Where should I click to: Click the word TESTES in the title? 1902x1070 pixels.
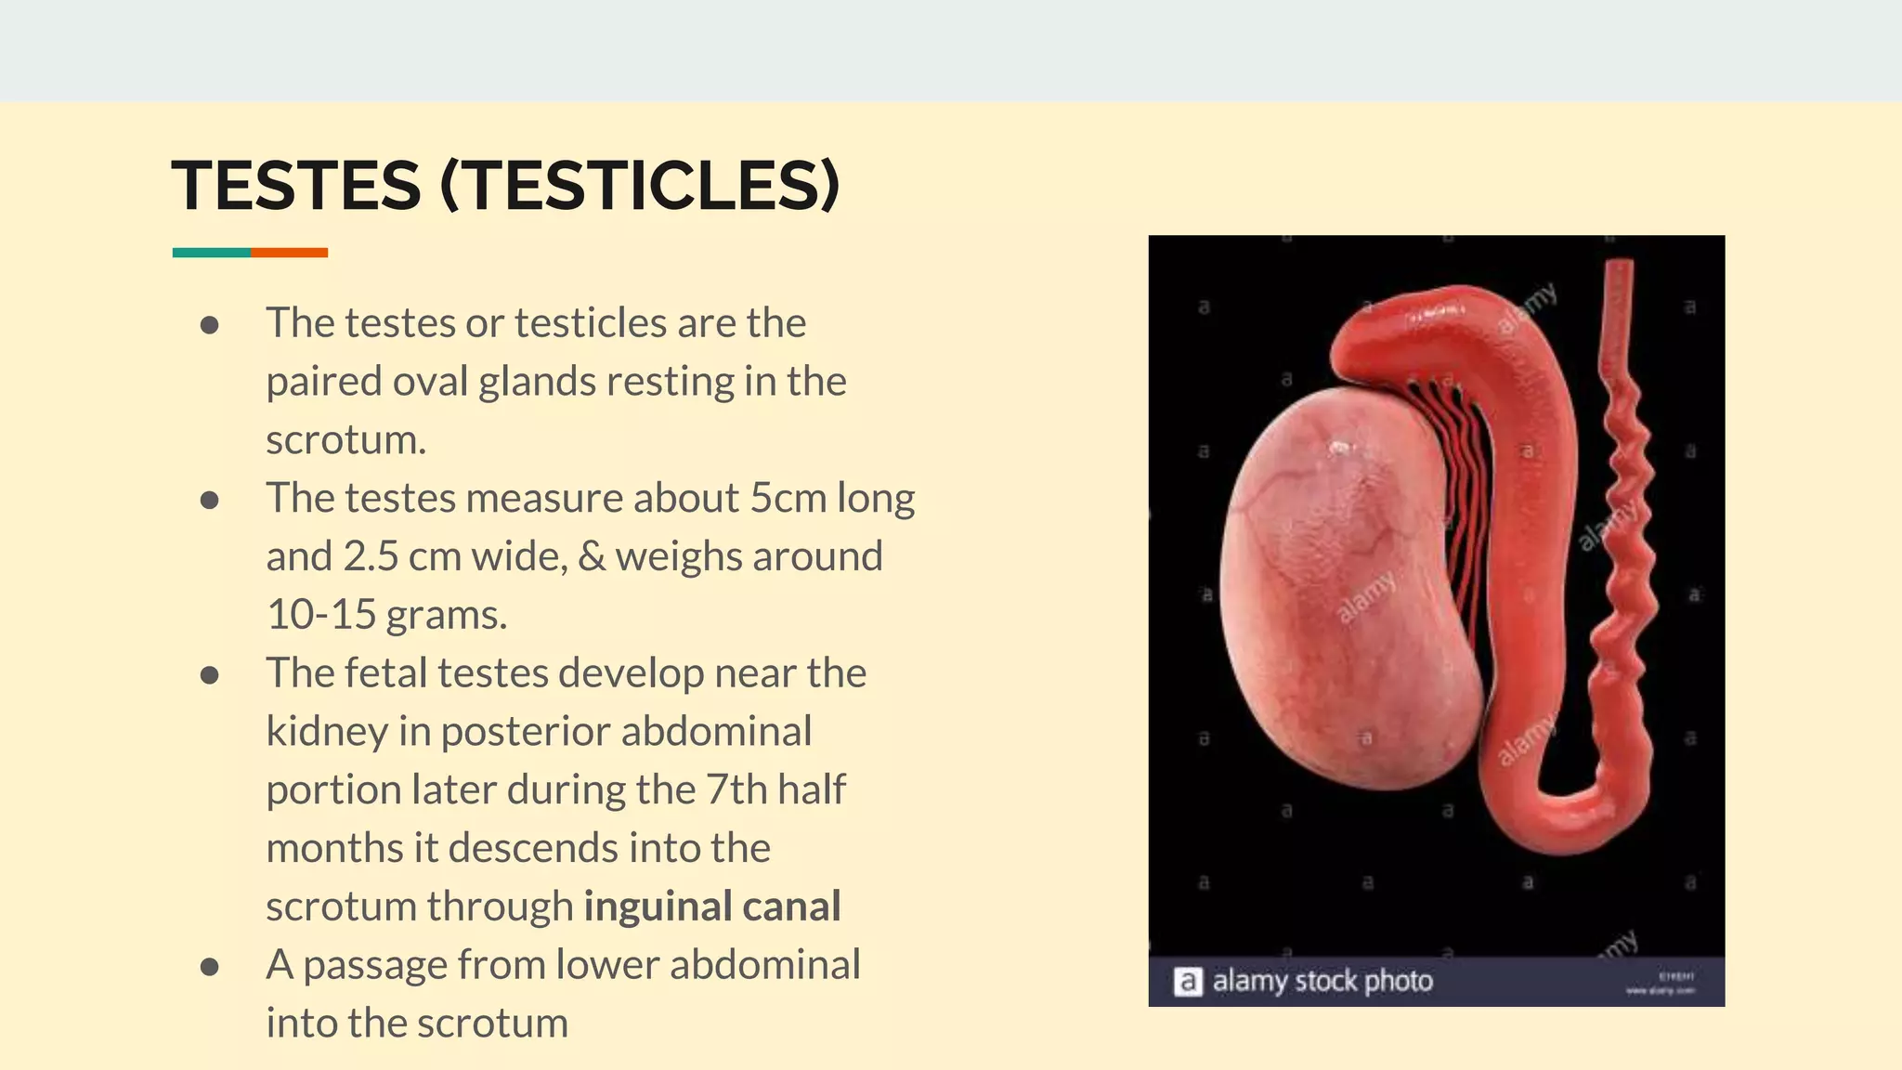coord(296,186)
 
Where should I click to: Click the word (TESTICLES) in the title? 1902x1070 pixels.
coord(640,186)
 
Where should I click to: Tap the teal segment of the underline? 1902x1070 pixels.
coord(211,253)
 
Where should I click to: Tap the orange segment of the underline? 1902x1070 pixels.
coord(289,253)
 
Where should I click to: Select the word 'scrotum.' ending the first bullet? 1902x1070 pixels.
coord(345,440)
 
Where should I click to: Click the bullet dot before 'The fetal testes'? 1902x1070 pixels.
coord(210,675)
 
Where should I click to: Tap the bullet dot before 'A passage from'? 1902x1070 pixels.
coord(210,967)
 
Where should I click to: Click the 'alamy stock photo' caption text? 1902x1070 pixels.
coord(1322,981)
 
